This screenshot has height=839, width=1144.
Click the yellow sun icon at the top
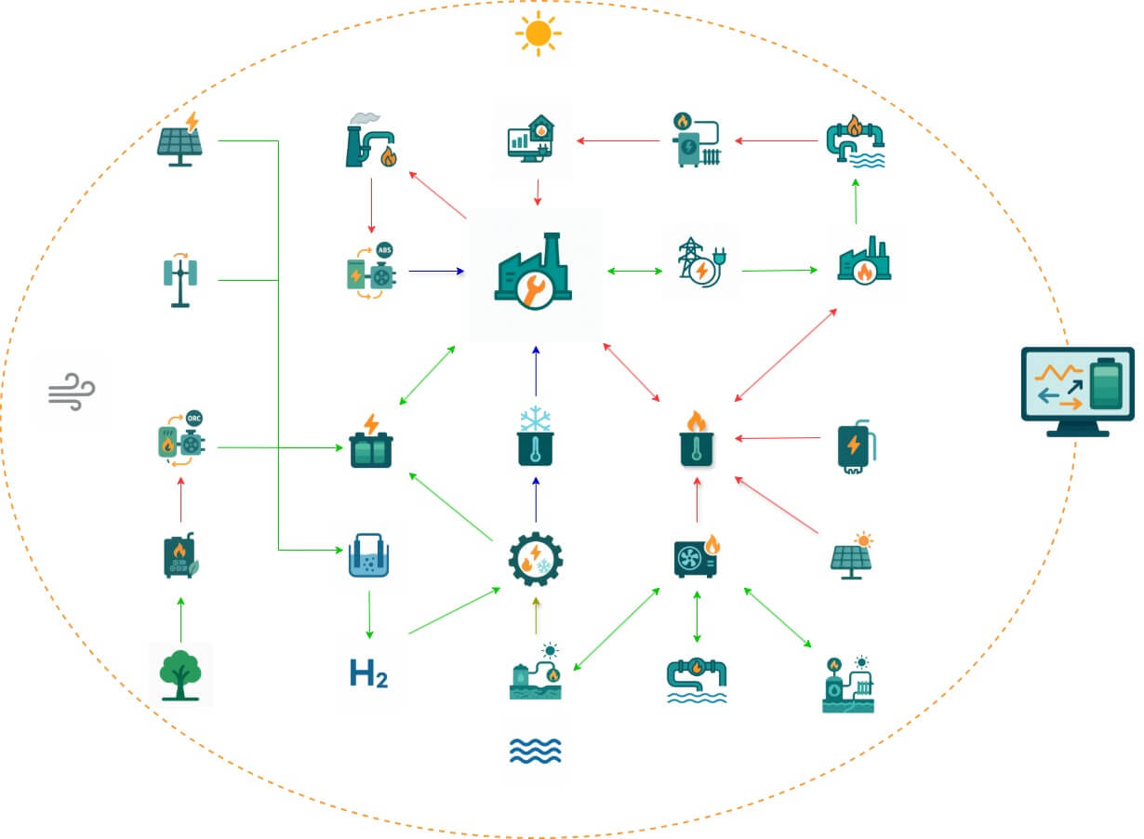pos(538,33)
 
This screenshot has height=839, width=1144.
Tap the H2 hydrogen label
pos(368,673)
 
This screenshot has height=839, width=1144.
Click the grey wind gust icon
pos(71,390)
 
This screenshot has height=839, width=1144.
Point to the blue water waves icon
pos(535,750)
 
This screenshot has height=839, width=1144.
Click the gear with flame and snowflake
pos(535,558)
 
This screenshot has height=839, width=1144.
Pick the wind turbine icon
pos(180,280)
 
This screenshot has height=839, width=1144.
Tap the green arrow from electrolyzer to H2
pos(369,613)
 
